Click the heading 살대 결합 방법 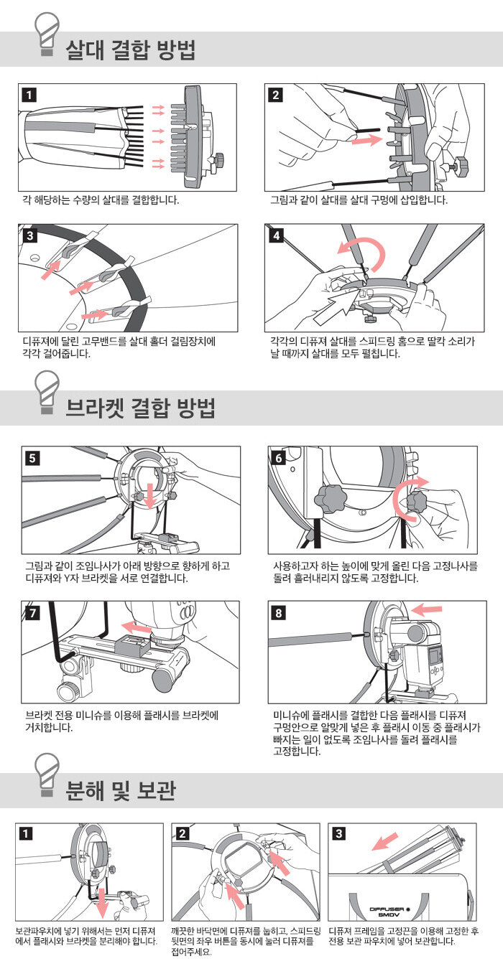click(130, 50)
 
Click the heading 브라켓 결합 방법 click(140, 408)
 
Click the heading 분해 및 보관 click(121, 790)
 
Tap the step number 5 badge click(32, 458)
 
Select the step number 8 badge click(279, 612)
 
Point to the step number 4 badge click(277, 235)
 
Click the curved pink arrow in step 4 click(362, 253)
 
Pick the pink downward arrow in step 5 click(150, 496)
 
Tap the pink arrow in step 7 click(136, 627)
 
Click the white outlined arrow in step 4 click(333, 309)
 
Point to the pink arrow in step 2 click(366, 139)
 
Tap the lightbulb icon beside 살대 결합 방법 click(47, 34)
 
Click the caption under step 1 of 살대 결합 click(101, 200)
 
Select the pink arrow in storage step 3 click(385, 841)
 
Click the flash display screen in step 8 click(435, 656)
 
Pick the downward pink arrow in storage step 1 click(101, 903)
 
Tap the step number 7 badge click(32, 612)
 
